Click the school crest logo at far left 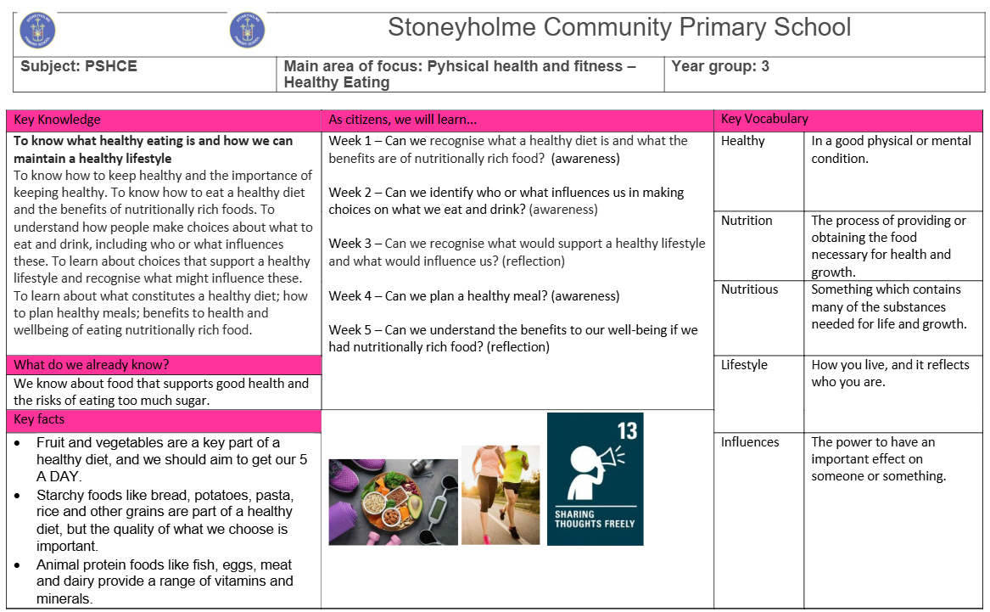point(37,31)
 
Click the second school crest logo point(247,31)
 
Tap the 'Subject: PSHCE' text point(79,66)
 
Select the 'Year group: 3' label point(719,65)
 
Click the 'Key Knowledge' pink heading point(57,120)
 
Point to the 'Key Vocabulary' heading point(764,119)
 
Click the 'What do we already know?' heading point(91,365)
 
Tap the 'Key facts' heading point(39,419)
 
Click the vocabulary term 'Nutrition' point(747,221)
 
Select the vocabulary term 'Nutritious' point(749,289)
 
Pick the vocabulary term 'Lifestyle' point(744,365)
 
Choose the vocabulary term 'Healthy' point(742,141)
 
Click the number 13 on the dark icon point(627,430)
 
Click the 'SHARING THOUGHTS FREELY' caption point(594,519)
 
